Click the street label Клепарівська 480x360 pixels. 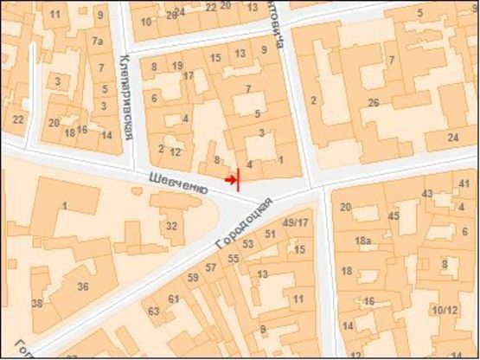125,95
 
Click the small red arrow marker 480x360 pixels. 229,179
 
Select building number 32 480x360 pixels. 172,226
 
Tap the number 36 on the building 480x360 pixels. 83,286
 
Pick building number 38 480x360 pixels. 37,304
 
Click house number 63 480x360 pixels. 154,311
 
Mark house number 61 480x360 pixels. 173,299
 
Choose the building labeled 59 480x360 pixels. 194,277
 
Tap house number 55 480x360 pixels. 233,258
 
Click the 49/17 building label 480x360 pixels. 295,222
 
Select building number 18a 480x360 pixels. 363,240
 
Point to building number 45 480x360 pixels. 394,215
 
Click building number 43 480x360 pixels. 427,192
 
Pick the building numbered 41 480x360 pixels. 464,184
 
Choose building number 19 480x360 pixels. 177,66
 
